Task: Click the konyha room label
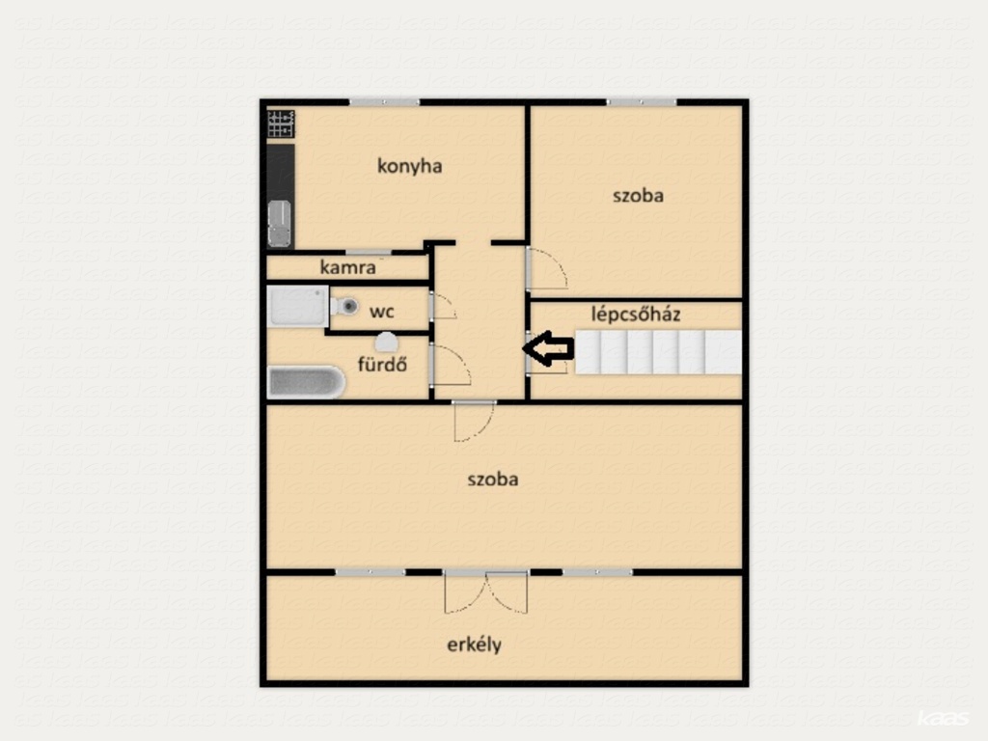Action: pyautogui.click(x=409, y=166)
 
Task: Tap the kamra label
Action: pyautogui.click(x=347, y=267)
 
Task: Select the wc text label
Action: pyautogui.click(x=382, y=312)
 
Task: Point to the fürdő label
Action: pyautogui.click(x=382, y=364)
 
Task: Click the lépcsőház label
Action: pyautogui.click(x=636, y=314)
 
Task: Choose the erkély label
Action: pyautogui.click(x=474, y=645)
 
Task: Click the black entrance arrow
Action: pyautogui.click(x=548, y=347)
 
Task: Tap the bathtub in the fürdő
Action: pyautogui.click(x=307, y=382)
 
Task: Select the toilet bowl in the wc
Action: pyautogui.click(x=344, y=307)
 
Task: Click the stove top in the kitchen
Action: pyautogui.click(x=281, y=123)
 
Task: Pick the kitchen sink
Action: pyautogui.click(x=280, y=224)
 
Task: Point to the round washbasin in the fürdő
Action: pyautogui.click(x=386, y=343)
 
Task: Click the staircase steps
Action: pyautogui.click(x=658, y=351)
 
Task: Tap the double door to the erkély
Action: pyautogui.click(x=486, y=592)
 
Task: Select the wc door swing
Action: pyautogui.click(x=444, y=306)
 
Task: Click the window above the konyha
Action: pyautogui.click(x=384, y=102)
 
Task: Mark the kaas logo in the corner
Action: pyautogui.click(x=944, y=718)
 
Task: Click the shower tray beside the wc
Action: pyautogui.click(x=298, y=306)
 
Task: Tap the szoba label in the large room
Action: pyautogui.click(x=493, y=480)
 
